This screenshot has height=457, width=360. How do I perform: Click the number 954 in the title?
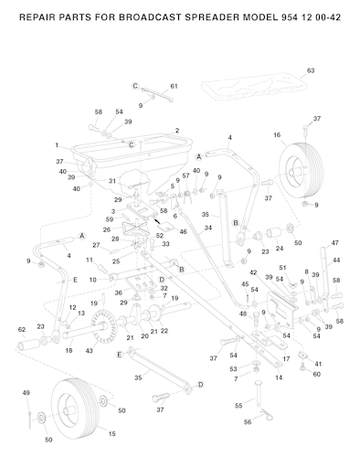288,17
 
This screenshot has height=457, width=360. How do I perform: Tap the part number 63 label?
311,70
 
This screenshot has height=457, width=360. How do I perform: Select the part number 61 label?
174,86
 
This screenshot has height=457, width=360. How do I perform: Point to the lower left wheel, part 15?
75,409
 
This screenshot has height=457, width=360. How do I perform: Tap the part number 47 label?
334,243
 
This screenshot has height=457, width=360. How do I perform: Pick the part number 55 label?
238,406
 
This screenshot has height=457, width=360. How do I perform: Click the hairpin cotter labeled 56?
267,414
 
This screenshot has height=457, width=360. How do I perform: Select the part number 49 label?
26,393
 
